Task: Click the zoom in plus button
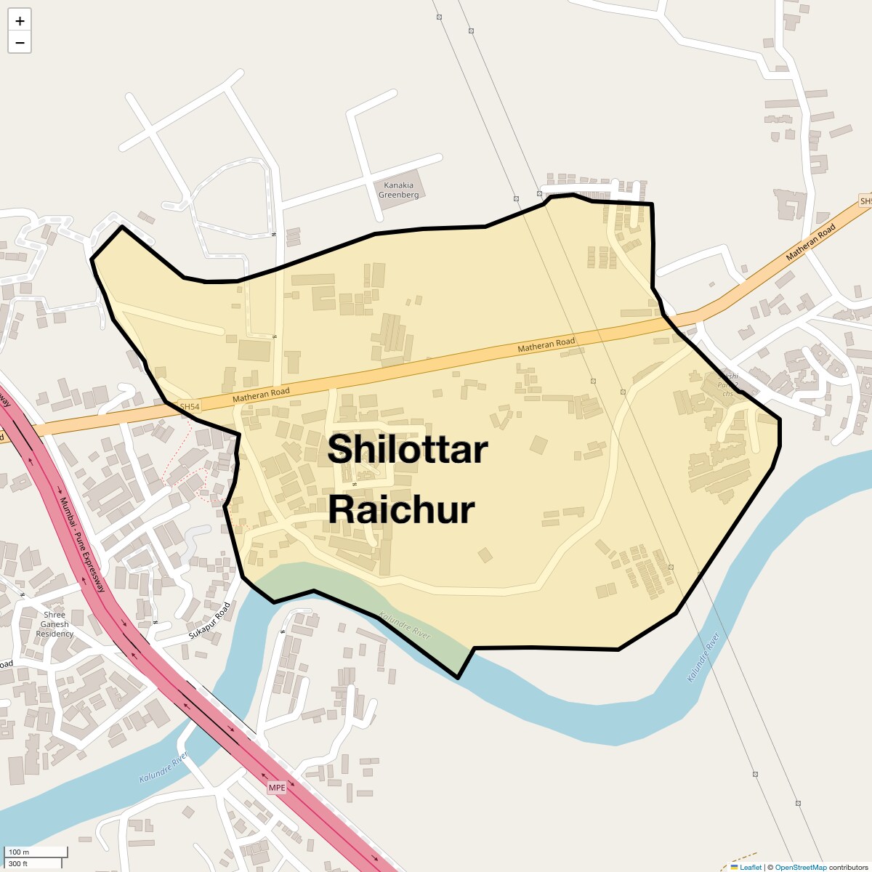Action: click(20, 21)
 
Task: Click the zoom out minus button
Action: click(20, 43)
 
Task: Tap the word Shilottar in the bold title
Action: click(407, 450)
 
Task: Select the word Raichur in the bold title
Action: click(401, 509)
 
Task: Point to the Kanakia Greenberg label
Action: click(399, 190)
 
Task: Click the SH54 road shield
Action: click(189, 407)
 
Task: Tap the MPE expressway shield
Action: click(277, 788)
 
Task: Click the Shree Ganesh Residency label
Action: click(54, 624)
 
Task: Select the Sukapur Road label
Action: click(209, 621)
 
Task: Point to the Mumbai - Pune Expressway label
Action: click(83, 544)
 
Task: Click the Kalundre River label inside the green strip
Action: click(405, 626)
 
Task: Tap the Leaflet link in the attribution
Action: click(751, 867)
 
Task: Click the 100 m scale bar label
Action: click(19, 852)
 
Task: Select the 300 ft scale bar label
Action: click(18, 864)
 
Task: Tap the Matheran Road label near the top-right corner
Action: click(811, 242)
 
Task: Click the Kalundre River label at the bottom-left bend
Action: click(163, 767)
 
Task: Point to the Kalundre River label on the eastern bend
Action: click(703, 658)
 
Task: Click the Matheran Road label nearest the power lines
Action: click(546, 344)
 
